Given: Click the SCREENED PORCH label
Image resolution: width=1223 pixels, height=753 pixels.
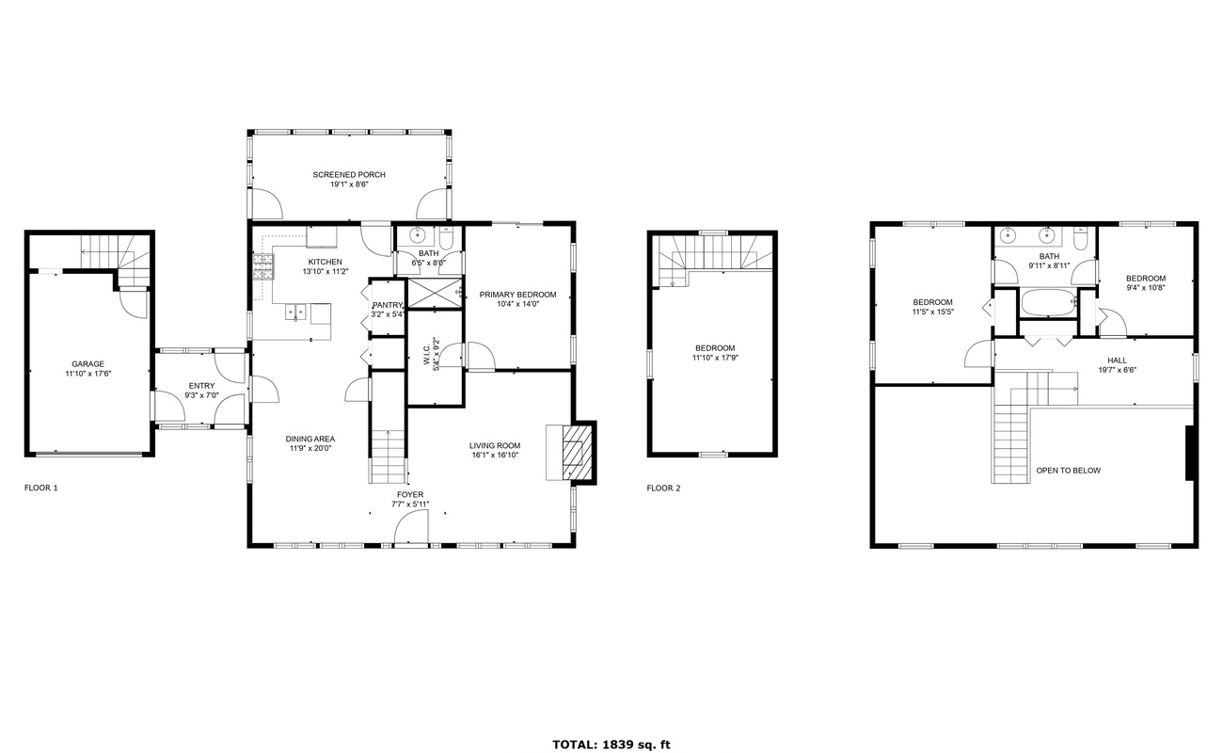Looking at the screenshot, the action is pos(349,175).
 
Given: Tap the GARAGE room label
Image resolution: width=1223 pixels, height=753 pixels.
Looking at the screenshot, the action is pos(87,364).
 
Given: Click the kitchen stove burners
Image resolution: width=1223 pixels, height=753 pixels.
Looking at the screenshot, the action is pos(263,267).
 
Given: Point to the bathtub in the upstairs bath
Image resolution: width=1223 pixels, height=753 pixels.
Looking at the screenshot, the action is pos(1048,302).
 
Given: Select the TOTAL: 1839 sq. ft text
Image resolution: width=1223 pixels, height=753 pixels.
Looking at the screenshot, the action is pos(611,745).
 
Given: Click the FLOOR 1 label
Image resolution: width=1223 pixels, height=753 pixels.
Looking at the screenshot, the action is pos(41,488).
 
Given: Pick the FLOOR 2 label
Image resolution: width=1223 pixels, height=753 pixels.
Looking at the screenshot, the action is pos(663,488).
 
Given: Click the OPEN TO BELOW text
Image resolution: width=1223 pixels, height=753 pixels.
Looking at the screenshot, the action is pos(1069,471).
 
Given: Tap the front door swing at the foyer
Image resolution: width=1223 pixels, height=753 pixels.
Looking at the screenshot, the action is pos(412,526).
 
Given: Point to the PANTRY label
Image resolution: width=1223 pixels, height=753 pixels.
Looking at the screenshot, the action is pos(387,305).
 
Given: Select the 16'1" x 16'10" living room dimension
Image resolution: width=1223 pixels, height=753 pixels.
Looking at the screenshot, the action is pos(495,455).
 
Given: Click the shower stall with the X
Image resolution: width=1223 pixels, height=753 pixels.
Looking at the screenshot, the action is pos(436,293).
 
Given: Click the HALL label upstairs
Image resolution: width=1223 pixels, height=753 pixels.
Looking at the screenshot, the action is pos(1117,360).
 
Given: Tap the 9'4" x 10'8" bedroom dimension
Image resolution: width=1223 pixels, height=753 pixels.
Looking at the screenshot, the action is pos(1146,288).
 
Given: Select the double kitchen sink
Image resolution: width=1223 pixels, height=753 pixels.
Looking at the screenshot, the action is pos(295,312).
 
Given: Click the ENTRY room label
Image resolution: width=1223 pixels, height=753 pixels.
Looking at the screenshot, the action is pos(201,386).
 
